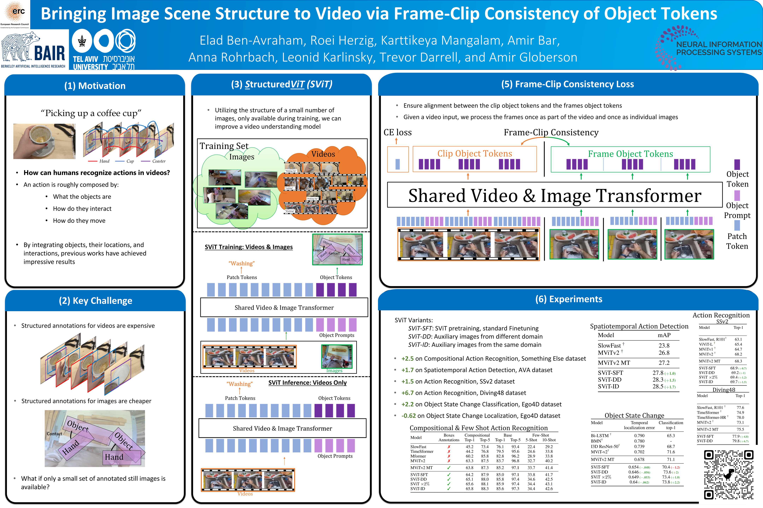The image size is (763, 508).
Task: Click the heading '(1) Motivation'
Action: pyautogui.click(x=95, y=86)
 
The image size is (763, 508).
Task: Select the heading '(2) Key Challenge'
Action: pyautogui.click(x=95, y=301)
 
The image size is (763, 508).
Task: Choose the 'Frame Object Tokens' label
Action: pyautogui.click(x=630, y=154)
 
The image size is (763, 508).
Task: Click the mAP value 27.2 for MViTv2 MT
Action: pyautogui.click(x=664, y=363)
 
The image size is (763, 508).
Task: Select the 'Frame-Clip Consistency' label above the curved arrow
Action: pyautogui.click(x=551, y=132)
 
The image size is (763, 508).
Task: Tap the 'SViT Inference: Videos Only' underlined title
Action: pyautogui.click(x=307, y=383)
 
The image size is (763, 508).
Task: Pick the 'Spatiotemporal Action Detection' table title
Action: pyautogui.click(x=639, y=326)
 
